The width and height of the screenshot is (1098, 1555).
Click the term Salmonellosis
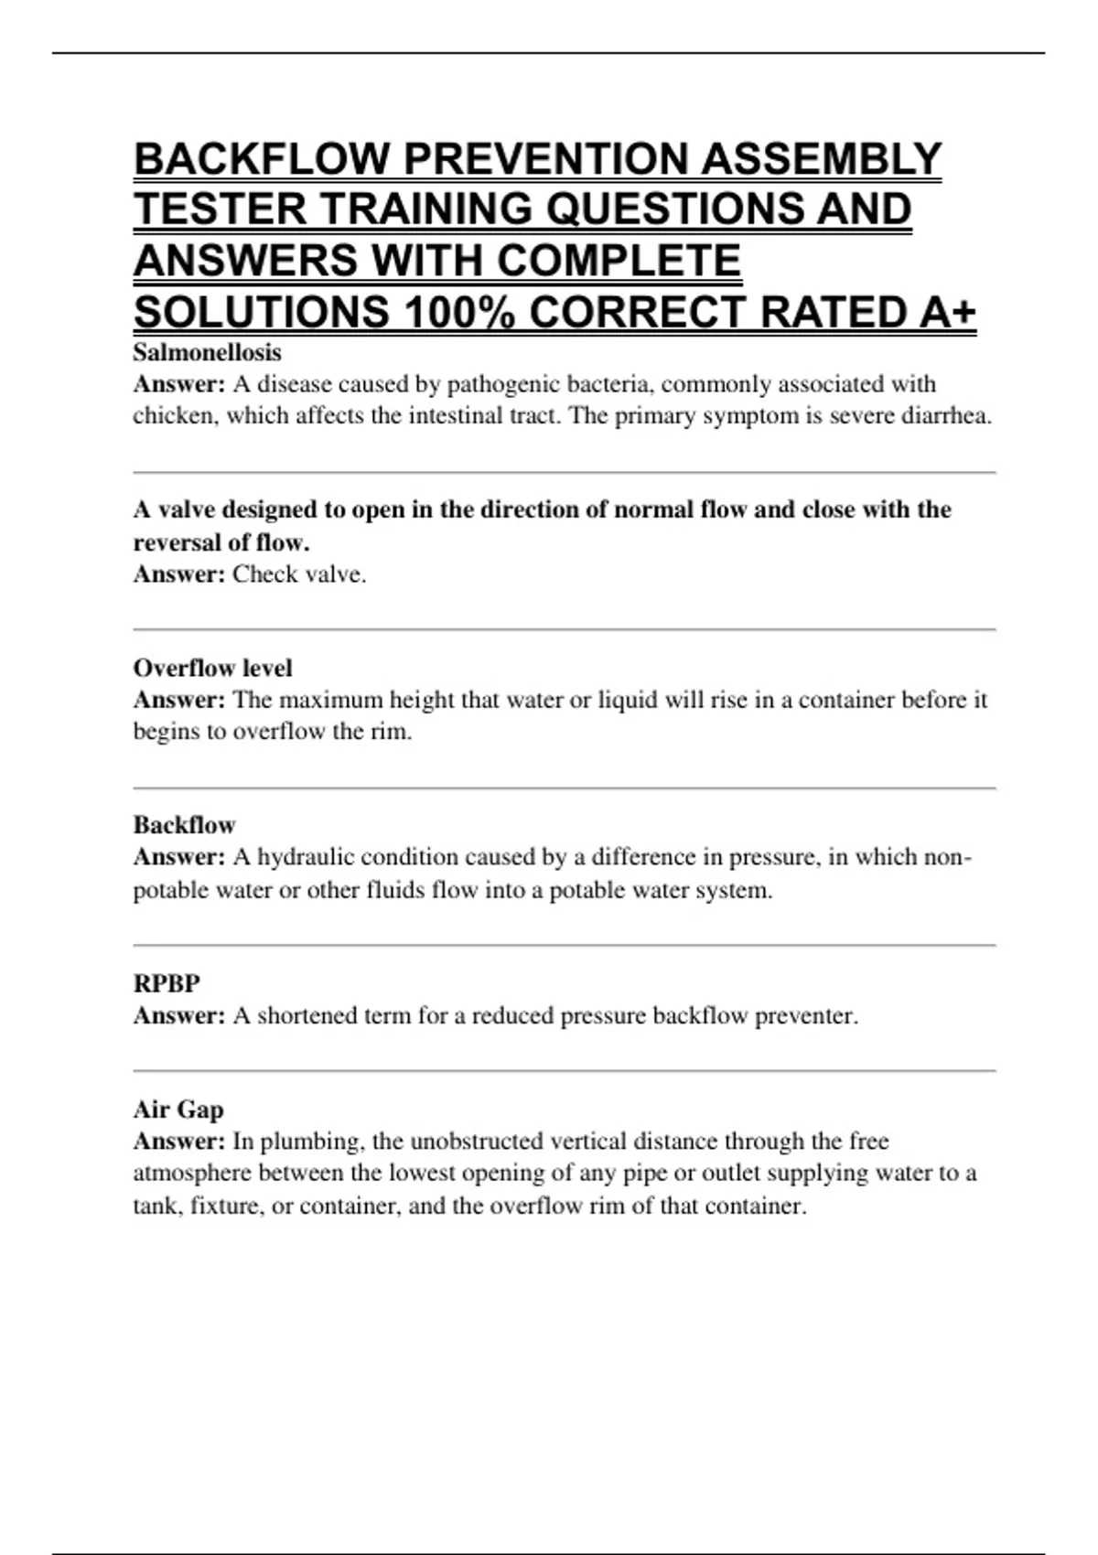(207, 352)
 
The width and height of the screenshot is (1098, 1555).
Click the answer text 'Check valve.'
(299, 574)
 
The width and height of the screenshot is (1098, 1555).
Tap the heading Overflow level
(212, 669)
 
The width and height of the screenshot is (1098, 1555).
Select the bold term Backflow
(184, 825)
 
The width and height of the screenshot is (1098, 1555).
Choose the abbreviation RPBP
(167, 983)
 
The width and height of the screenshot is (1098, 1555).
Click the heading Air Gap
(178, 1110)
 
